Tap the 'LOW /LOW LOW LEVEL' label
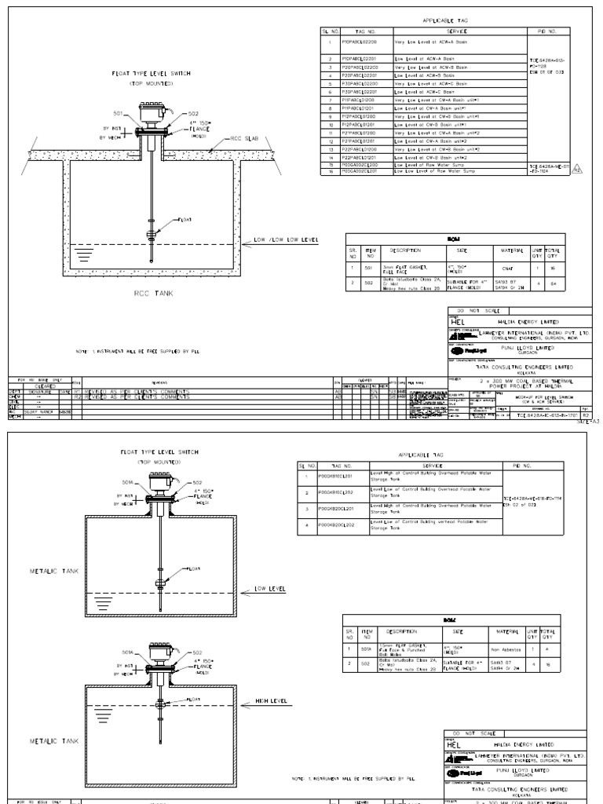coord(285,240)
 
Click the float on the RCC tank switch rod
coord(152,233)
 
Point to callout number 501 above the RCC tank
coord(119,111)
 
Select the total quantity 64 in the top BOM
coord(554,284)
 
